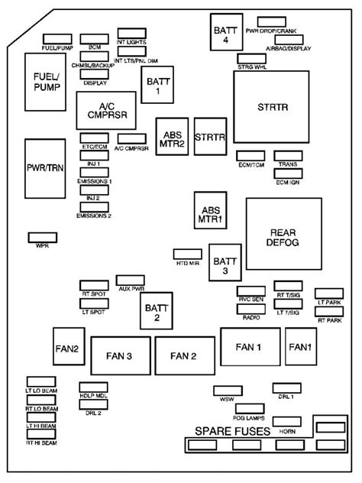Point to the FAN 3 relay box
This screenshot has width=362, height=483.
(x=119, y=355)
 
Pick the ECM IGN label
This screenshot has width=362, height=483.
(x=288, y=183)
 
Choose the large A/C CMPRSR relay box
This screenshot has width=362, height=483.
(x=105, y=111)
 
